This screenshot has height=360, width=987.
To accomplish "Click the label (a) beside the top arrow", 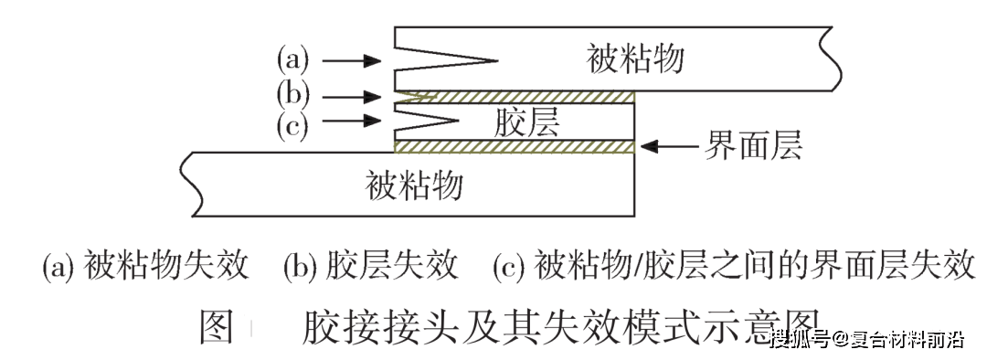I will click(293, 61).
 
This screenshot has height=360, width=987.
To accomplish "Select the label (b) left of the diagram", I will click(293, 94).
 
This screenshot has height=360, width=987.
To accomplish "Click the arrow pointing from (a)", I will click(351, 61).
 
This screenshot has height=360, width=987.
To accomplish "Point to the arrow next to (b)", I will click(351, 95).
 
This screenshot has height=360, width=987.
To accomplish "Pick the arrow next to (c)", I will click(351, 121).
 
